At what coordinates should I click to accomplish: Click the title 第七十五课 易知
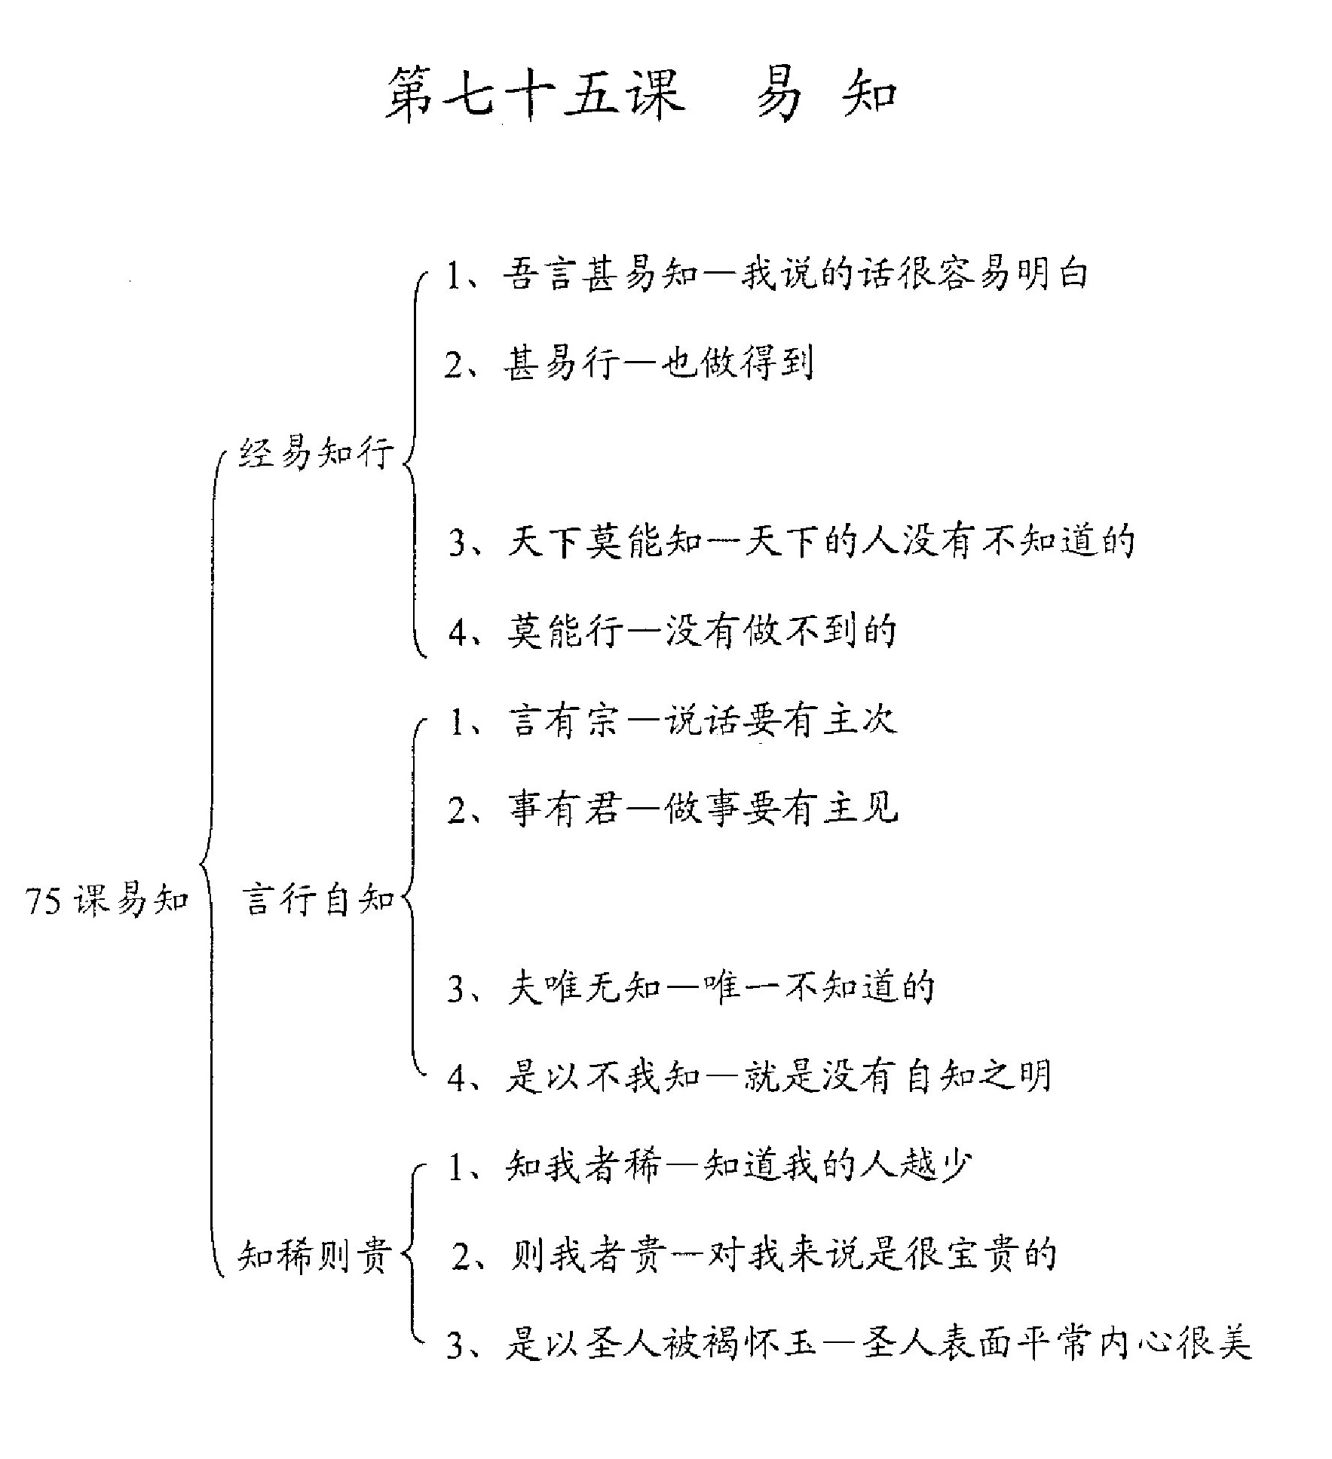(x=642, y=94)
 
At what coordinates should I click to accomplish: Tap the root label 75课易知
(x=106, y=899)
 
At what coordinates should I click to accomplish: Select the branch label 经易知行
(x=317, y=454)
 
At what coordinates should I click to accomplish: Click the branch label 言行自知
(x=318, y=899)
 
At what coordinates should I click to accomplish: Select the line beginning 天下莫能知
(x=792, y=541)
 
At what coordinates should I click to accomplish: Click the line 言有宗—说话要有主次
(x=673, y=720)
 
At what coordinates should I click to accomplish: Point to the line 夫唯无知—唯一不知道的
(x=691, y=988)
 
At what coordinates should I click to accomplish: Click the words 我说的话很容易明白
(x=914, y=273)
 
